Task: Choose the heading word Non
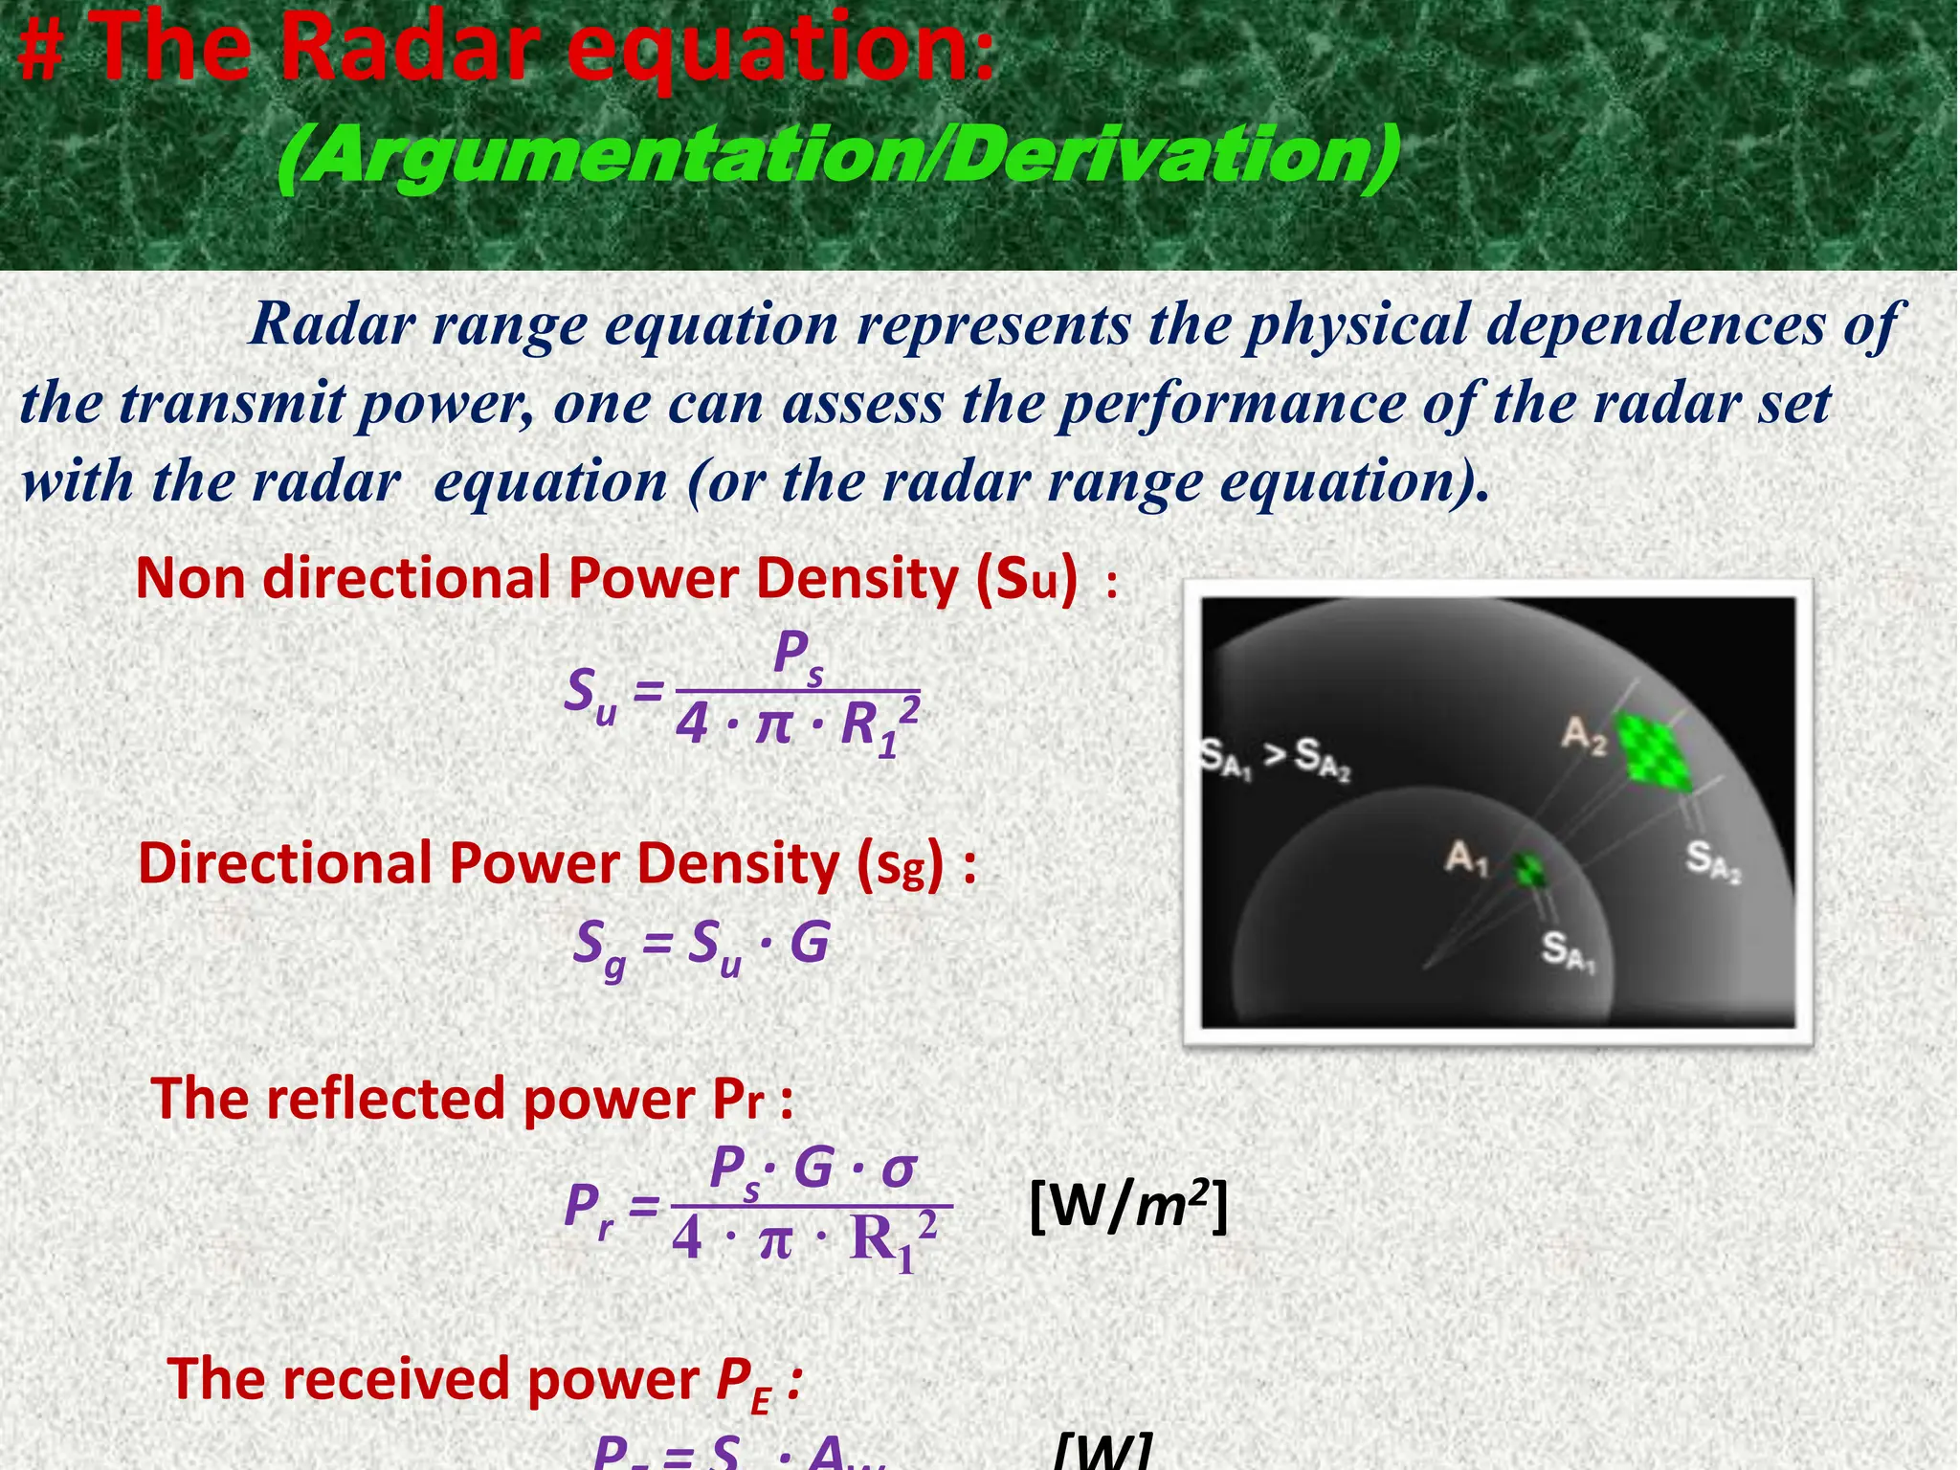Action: point(191,578)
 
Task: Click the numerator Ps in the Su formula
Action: point(797,656)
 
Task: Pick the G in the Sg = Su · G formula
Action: point(810,943)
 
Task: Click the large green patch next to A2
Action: point(1653,751)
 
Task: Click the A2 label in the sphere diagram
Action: point(1584,735)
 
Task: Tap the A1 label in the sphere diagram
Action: point(1466,857)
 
